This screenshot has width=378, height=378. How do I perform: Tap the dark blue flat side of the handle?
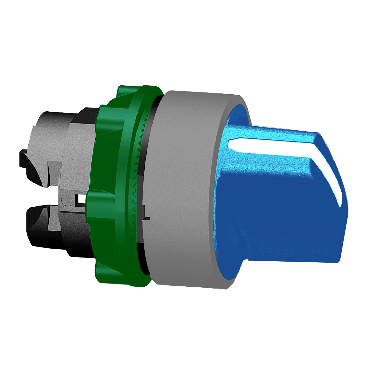[277, 217]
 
